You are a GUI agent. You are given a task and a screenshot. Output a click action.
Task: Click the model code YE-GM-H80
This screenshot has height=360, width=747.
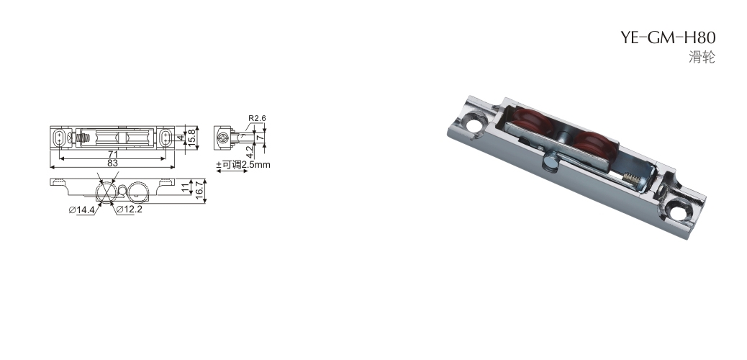[x=667, y=37]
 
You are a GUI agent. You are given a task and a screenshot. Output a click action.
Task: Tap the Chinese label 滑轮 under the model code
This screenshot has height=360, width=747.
[x=702, y=57]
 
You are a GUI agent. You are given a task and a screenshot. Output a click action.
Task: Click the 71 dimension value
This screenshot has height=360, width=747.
[x=112, y=155]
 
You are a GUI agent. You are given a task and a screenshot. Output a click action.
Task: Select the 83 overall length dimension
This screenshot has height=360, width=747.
[x=112, y=163]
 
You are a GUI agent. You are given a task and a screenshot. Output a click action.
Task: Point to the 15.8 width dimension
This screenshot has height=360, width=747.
[x=192, y=138]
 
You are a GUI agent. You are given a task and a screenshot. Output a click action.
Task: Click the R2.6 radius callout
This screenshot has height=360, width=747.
[x=257, y=118]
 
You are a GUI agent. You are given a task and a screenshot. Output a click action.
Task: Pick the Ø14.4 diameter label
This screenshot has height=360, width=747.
[x=82, y=210]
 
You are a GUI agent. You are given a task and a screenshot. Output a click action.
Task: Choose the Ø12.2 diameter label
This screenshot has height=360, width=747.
[x=130, y=210]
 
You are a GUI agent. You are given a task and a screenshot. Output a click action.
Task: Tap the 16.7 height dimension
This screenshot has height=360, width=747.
[x=199, y=191]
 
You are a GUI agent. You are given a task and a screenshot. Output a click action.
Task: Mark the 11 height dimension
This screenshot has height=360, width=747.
[x=186, y=187]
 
